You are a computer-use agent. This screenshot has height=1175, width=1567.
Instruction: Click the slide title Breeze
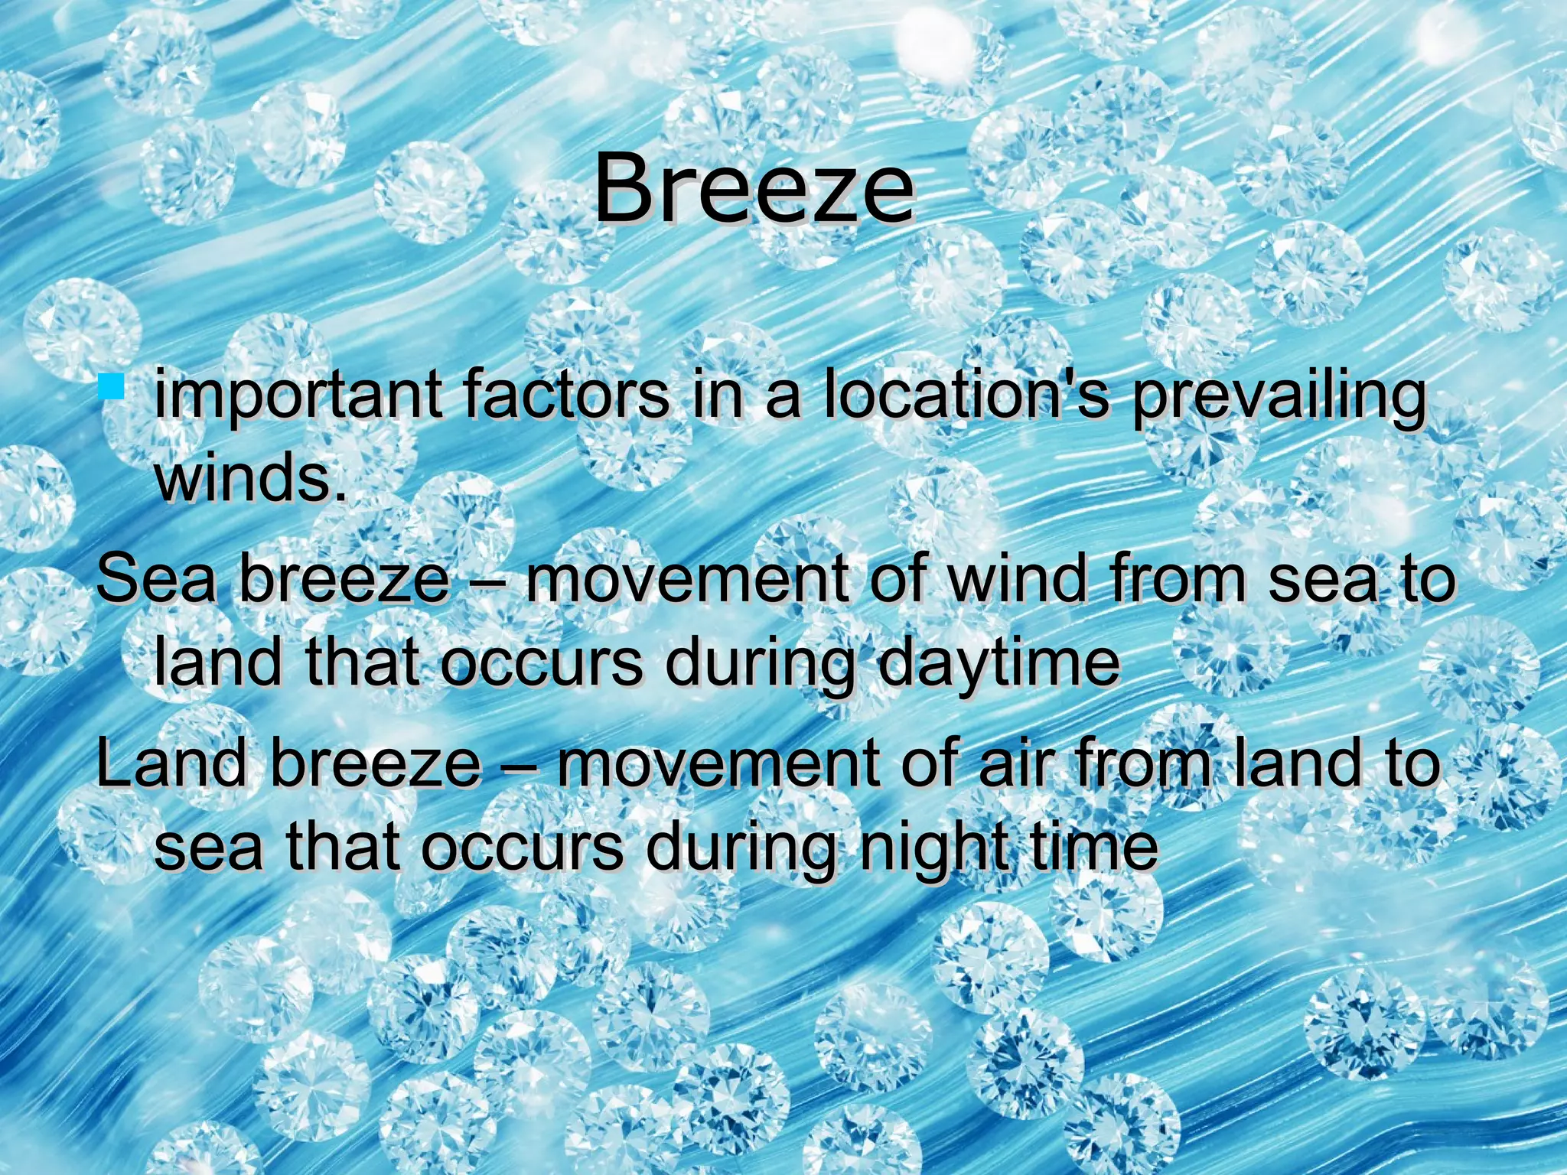pos(754,187)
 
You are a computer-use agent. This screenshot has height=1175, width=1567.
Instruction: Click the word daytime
pos(998,664)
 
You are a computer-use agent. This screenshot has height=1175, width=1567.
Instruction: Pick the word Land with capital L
pos(172,763)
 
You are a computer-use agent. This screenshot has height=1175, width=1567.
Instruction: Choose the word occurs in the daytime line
pos(542,662)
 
